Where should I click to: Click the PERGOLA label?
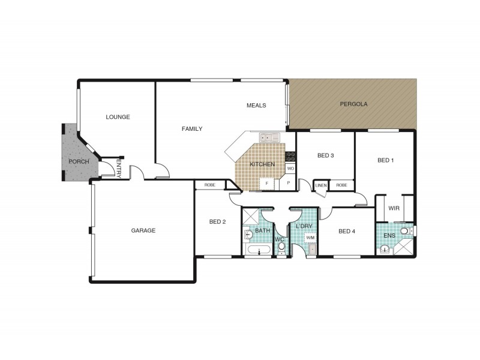coord(353,104)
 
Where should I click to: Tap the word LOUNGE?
coord(118,117)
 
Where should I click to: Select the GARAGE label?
coord(143,230)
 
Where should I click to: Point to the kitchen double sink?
coord(269,137)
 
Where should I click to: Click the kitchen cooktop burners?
coord(290,157)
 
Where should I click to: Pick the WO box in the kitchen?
coord(290,169)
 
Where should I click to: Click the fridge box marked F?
coord(266,184)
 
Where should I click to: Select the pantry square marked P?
coord(289,183)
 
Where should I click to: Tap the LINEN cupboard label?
coord(321,185)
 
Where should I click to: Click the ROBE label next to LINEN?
coord(341,185)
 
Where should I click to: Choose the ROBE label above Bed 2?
coord(209,185)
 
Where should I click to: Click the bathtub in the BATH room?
coord(259,250)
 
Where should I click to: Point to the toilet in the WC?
coord(281,245)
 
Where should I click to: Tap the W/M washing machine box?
coord(310,238)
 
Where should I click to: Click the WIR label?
coord(394,208)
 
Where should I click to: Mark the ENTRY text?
coord(119,168)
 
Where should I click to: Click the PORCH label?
coord(79,161)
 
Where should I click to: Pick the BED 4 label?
coord(347,232)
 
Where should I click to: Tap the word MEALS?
coord(256,106)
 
